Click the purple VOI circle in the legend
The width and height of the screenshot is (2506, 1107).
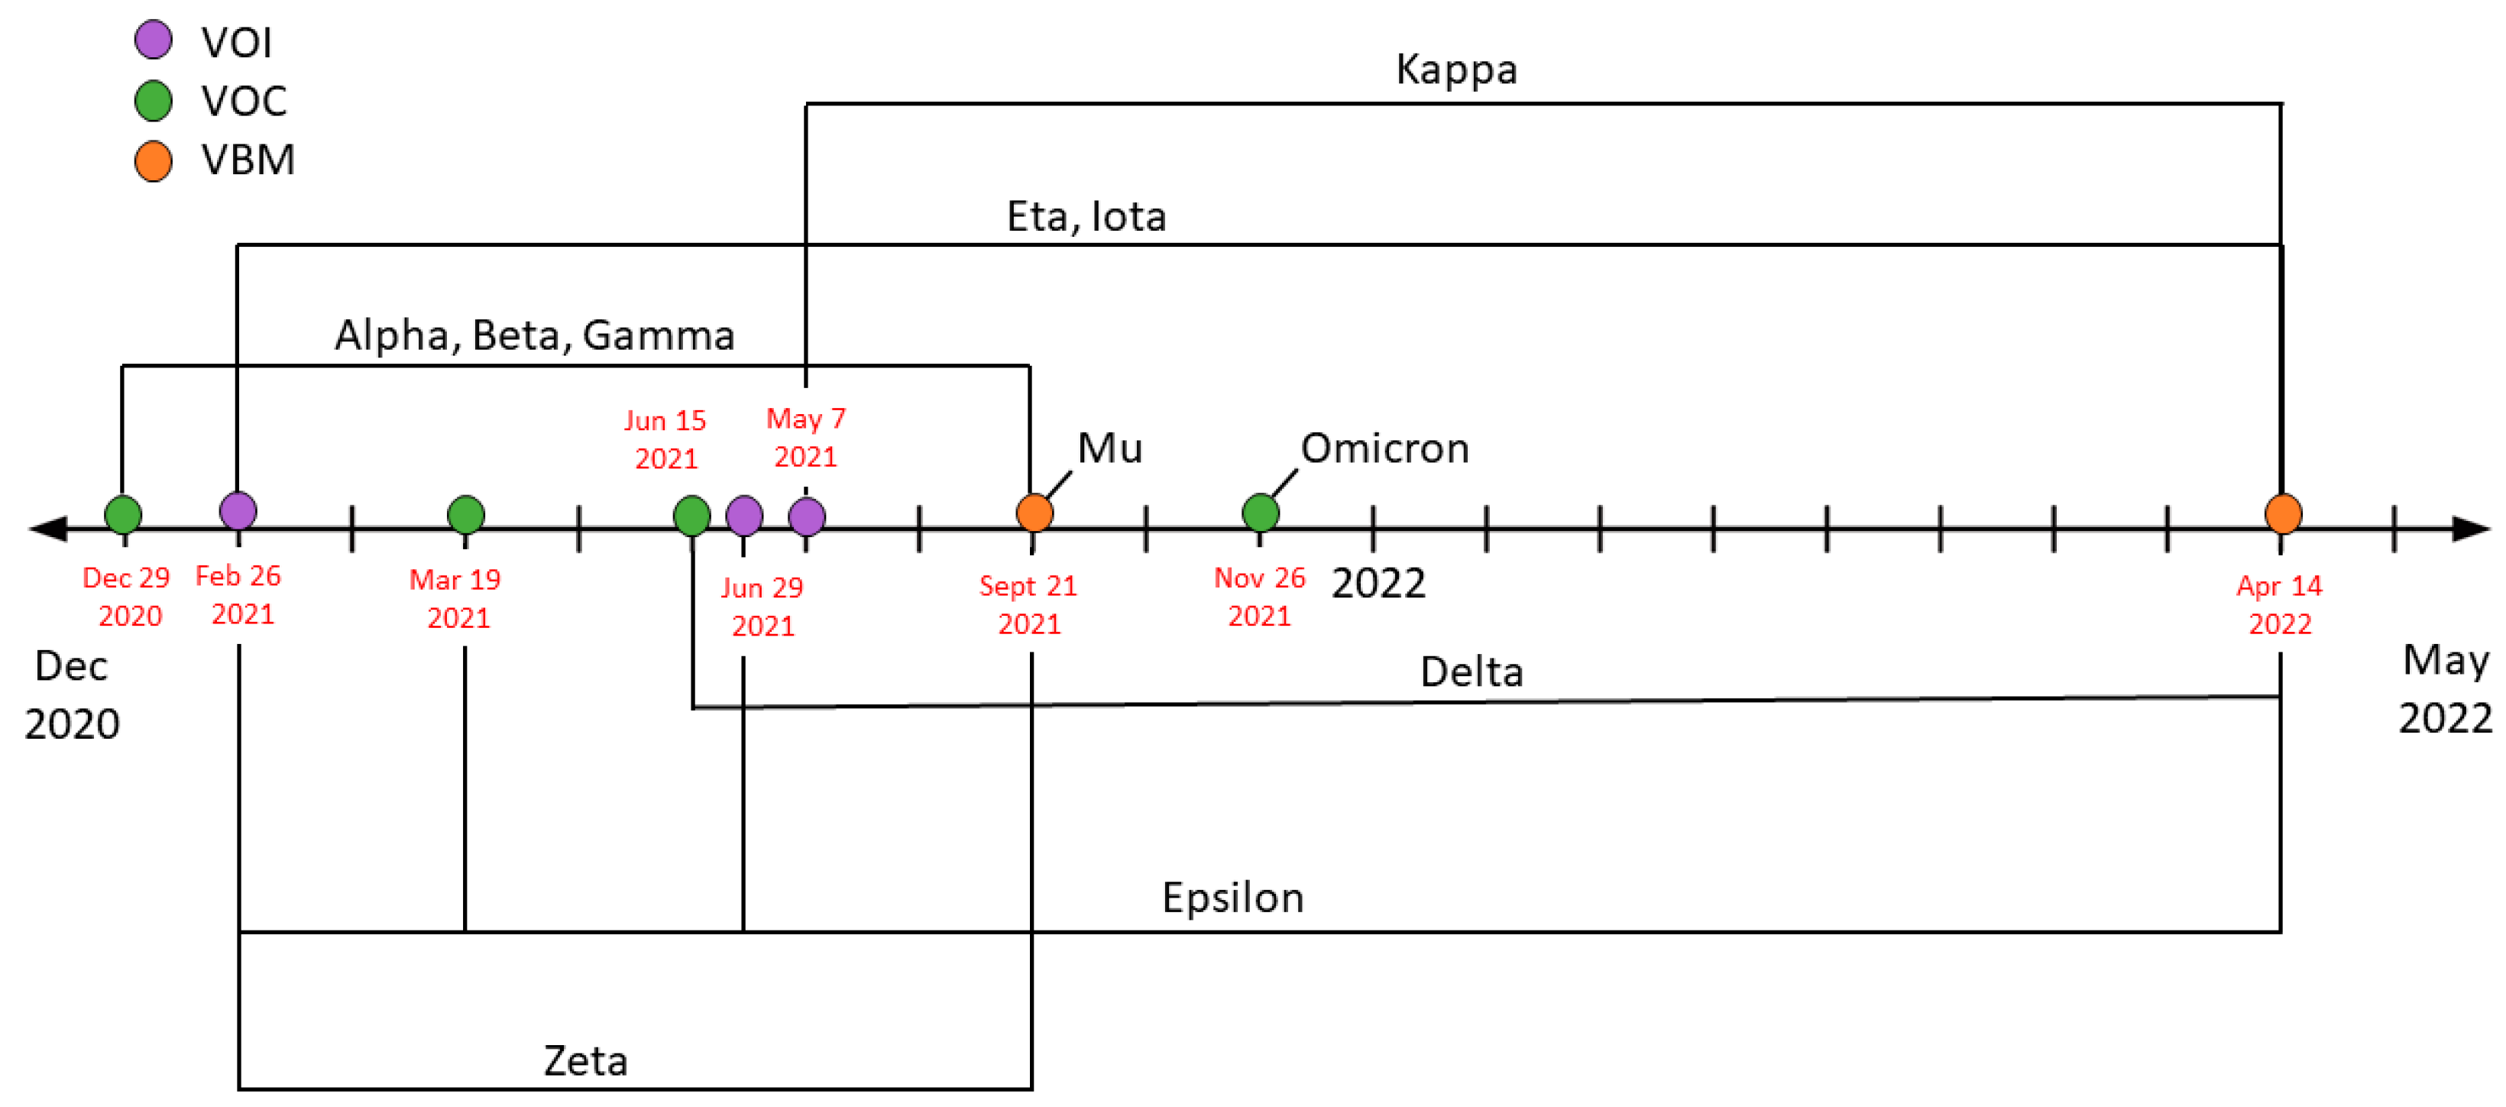coord(154,40)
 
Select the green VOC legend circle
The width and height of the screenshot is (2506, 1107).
coord(154,100)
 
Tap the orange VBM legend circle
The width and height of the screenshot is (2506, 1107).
coord(154,160)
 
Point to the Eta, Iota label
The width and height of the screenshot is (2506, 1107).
coord(1086,216)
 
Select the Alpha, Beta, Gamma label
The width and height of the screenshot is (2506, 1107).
coord(534,335)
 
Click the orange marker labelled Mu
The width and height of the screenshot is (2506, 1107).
coord(1034,513)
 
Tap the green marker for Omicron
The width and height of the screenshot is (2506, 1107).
coord(1261,513)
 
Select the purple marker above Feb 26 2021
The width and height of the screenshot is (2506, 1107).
coord(238,510)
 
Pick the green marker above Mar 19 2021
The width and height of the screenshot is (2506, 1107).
coord(466,515)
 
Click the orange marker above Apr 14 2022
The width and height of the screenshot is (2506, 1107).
coord(2282,513)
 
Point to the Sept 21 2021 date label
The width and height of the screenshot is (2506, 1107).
coord(1028,604)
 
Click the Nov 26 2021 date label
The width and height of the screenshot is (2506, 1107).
coord(1259,597)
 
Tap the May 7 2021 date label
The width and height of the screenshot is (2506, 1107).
coord(805,438)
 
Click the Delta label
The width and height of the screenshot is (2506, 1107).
coord(1471,672)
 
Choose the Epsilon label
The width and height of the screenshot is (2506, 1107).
coord(1232,898)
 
